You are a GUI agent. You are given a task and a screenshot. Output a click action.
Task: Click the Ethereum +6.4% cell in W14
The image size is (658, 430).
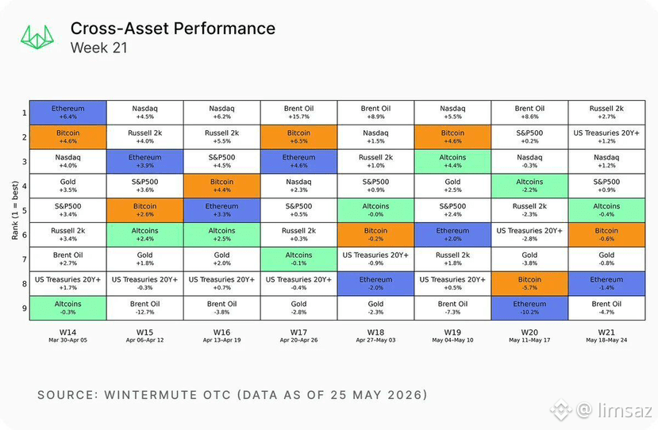(68, 113)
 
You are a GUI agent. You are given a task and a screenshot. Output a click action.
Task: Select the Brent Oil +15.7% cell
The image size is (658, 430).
(298, 113)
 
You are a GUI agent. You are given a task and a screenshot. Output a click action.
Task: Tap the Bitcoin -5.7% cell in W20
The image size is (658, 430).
(529, 283)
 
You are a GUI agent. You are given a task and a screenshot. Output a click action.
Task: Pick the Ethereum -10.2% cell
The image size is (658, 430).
(529, 308)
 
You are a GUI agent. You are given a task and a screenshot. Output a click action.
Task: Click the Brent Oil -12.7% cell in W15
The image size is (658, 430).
(144, 308)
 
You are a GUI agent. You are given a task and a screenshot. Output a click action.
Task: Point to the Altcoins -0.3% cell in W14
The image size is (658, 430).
(68, 308)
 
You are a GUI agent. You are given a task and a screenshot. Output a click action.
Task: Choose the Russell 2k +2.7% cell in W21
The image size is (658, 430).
(606, 113)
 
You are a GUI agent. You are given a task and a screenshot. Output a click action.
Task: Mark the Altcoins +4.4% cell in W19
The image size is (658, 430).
(452, 161)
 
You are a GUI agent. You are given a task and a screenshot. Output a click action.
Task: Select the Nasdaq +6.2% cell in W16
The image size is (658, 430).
(222, 113)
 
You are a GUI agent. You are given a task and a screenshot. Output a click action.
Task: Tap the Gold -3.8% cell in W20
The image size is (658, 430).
(529, 259)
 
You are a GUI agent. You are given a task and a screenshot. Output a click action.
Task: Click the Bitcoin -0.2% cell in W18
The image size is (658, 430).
(375, 235)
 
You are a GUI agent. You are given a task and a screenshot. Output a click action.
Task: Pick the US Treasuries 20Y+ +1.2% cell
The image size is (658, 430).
(606, 136)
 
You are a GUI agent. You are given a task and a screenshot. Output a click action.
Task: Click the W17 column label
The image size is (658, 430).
(298, 332)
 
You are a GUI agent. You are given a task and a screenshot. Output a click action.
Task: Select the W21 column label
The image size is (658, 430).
(606, 332)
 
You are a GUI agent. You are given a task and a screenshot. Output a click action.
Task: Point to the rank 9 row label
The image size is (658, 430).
(25, 309)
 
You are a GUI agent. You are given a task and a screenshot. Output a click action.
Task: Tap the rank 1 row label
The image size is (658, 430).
(25, 113)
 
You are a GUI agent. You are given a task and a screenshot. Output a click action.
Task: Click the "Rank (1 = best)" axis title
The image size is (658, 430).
(15, 210)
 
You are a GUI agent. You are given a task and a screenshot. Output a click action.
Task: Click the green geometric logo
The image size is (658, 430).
(37, 37)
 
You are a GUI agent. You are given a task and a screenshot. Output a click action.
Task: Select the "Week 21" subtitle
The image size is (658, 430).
(98, 48)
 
